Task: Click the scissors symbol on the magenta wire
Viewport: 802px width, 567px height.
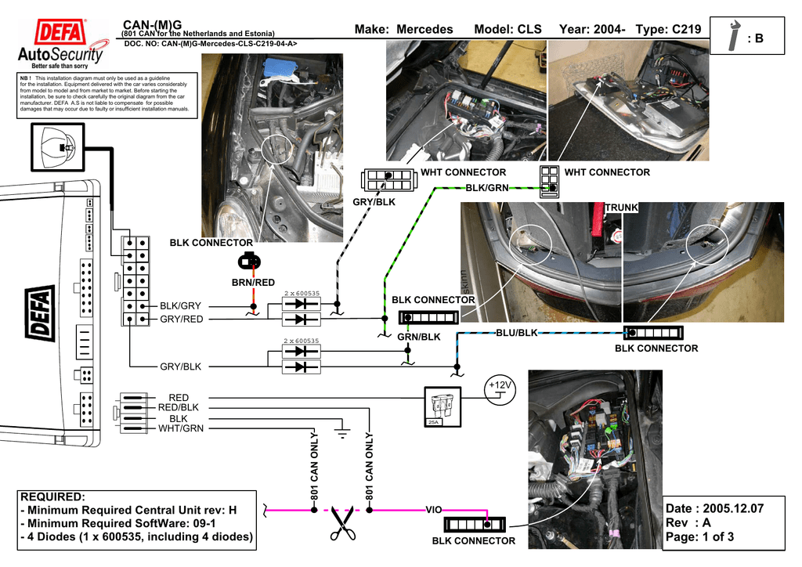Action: click(x=341, y=523)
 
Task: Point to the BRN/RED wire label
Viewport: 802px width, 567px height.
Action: click(x=253, y=282)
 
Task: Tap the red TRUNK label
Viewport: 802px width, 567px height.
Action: click(x=621, y=207)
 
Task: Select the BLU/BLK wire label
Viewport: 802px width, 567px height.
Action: click(x=517, y=333)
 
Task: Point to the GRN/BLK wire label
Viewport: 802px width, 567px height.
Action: click(x=419, y=337)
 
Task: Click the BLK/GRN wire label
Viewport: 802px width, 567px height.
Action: click(x=487, y=188)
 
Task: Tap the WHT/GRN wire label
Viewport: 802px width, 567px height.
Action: click(x=181, y=428)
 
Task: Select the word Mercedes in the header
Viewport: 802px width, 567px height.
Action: click(x=424, y=30)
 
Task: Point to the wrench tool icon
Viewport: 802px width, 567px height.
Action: click(x=734, y=36)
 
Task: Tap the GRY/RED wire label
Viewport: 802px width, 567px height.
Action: click(x=181, y=320)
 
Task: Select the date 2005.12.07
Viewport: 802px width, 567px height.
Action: click(x=733, y=508)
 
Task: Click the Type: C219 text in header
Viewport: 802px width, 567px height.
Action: click(x=668, y=30)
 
